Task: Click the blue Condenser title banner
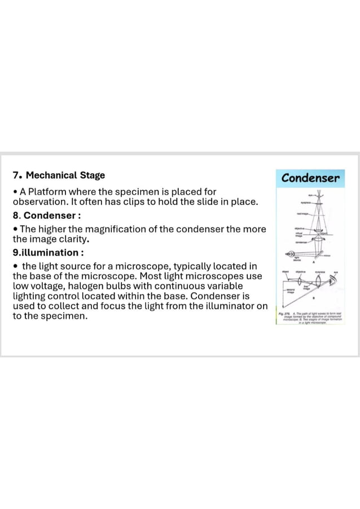(311, 179)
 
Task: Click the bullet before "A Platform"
(15, 192)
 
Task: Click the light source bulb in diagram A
(293, 256)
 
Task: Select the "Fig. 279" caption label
(283, 313)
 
